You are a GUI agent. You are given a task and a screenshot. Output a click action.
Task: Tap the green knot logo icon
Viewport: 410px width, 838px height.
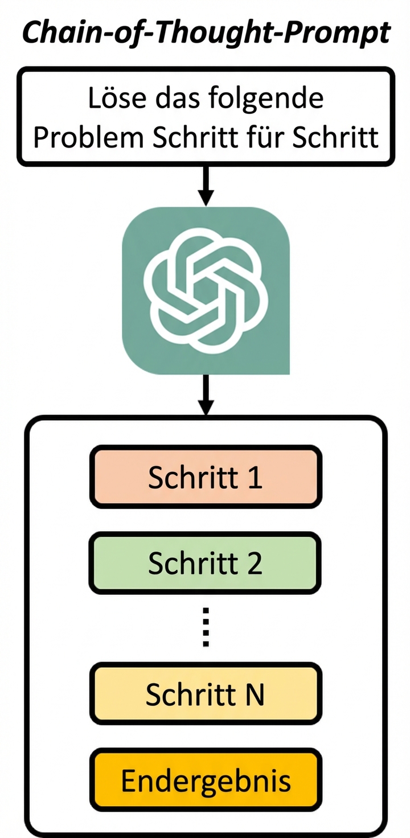click(206, 290)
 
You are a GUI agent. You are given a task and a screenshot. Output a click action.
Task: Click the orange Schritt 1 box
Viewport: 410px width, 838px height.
click(206, 477)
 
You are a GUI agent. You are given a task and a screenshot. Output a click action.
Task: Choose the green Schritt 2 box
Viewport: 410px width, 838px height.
click(206, 562)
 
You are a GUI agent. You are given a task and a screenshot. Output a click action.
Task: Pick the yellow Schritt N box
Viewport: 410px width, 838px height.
click(206, 693)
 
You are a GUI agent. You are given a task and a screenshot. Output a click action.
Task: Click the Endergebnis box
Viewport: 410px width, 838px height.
click(206, 780)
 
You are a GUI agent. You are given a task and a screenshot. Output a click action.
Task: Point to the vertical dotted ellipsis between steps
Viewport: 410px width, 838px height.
click(206, 627)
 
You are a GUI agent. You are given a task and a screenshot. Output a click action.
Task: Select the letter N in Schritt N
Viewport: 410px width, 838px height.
click(255, 693)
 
